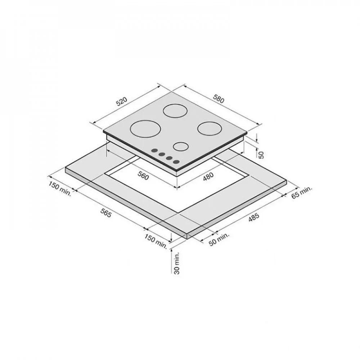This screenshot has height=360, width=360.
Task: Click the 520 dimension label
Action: coord(121,102)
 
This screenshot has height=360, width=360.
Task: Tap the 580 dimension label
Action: coord(218,98)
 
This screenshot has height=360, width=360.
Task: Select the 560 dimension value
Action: coord(143,176)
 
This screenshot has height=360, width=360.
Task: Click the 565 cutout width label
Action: coord(106,213)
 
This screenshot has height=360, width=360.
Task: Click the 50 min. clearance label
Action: coord(219,239)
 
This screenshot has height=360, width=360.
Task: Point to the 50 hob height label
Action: coord(261,155)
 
